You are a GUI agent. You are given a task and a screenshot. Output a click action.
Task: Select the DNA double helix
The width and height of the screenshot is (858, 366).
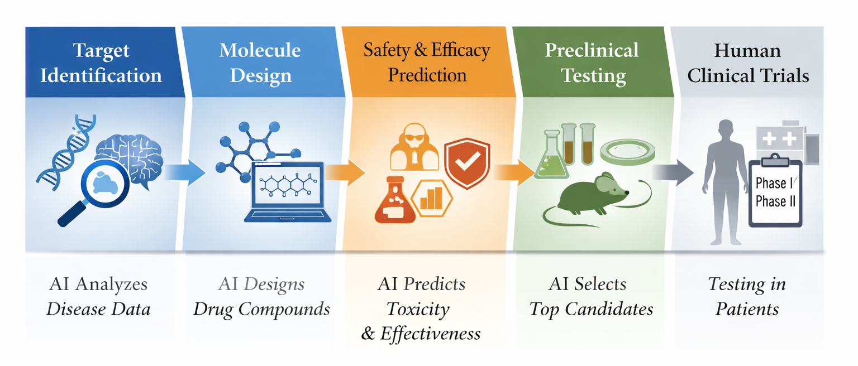(64, 148)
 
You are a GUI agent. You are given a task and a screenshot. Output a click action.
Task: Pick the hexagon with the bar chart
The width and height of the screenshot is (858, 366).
(431, 198)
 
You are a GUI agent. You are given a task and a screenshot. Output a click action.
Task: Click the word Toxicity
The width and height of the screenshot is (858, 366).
(418, 309)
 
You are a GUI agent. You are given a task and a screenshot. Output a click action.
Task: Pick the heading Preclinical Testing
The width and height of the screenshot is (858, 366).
(592, 62)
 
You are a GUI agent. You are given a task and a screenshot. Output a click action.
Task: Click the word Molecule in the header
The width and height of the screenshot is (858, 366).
(260, 50)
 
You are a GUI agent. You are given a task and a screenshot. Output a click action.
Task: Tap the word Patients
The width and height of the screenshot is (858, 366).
(747, 309)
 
